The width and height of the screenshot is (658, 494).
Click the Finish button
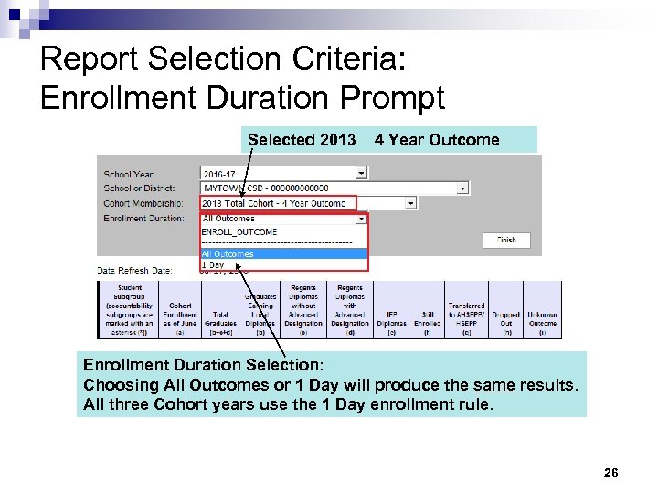coord(505,241)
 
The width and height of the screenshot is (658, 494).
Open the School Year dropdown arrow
coord(362,172)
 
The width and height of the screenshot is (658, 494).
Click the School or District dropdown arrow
coord(463,188)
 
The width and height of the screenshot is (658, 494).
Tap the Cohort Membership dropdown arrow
coord(410,203)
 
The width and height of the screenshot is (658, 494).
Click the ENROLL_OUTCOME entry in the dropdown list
coord(239,232)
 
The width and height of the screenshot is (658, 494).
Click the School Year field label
coord(129,174)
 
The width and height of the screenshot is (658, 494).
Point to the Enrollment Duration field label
coord(143,219)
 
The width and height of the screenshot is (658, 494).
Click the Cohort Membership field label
coord(143,203)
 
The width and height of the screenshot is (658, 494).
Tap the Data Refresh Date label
coord(135,271)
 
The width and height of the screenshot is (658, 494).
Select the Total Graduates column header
coord(219,319)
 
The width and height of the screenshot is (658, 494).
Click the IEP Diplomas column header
coord(391,319)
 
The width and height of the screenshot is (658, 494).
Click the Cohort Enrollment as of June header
coord(180,314)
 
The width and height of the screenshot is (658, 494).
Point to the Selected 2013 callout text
coord(302,140)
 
